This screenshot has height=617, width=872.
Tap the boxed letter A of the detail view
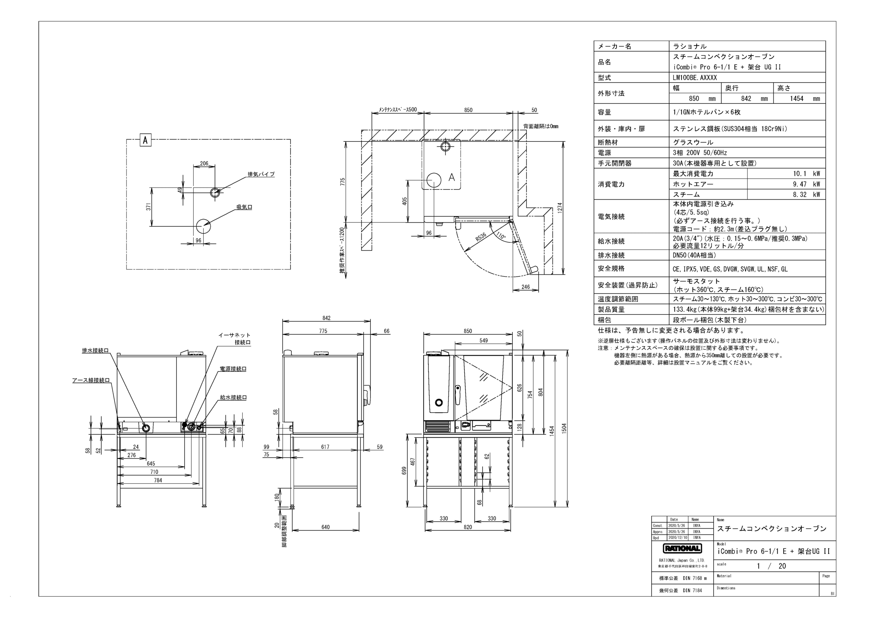coord(145,141)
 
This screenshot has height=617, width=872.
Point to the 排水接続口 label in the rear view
coord(95,350)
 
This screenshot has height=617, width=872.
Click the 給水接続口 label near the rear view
coord(233,397)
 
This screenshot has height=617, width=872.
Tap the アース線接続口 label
coord(91,380)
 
